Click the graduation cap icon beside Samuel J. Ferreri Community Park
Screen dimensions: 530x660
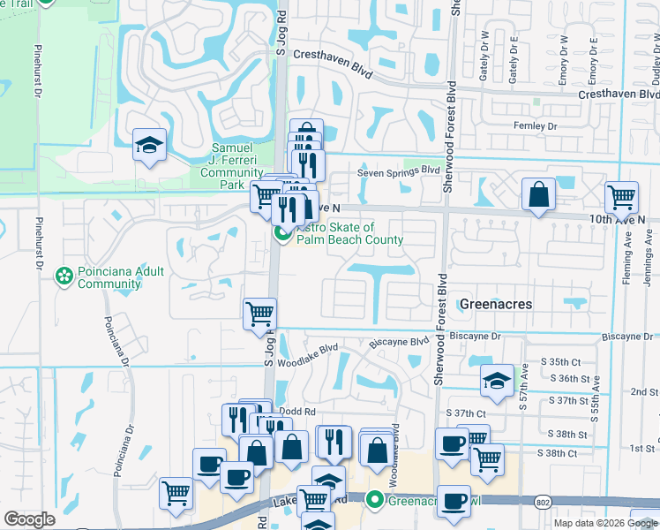(x=150, y=145)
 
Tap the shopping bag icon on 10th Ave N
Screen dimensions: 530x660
(x=538, y=194)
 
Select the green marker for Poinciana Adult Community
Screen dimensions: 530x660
(x=64, y=276)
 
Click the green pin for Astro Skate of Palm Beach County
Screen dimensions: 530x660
(x=282, y=233)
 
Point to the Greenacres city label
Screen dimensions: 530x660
(x=497, y=304)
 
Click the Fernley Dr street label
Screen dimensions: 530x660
(x=536, y=127)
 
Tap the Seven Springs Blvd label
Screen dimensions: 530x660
(x=398, y=171)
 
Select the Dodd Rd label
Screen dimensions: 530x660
(x=297, y=412)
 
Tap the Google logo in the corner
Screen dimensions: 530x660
(x=29, y=519)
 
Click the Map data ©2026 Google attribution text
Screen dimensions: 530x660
(x=605, y=523)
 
